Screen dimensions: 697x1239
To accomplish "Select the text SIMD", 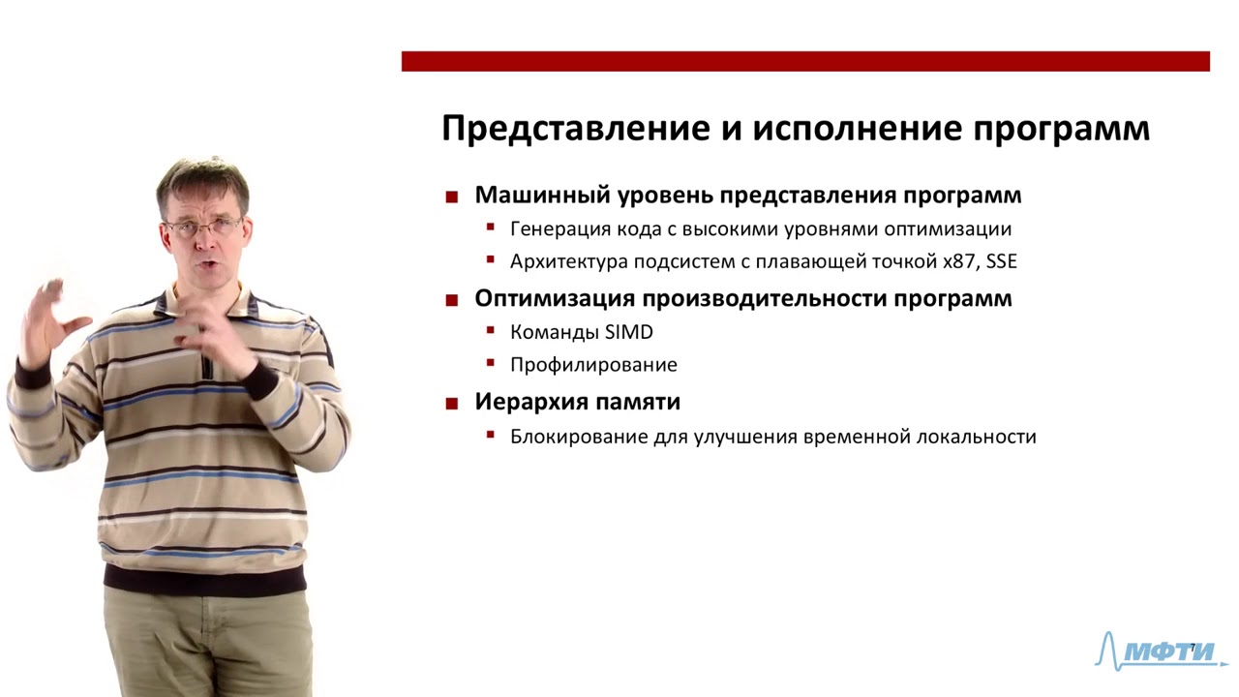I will [629, 332].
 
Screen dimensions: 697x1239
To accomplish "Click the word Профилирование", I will [593, 365].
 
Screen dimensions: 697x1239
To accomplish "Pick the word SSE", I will [1001, 261].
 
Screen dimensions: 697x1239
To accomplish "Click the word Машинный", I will [529, 195].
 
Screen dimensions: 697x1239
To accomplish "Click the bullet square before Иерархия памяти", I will [451, 404].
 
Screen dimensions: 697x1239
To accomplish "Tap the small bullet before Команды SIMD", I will [491, 332].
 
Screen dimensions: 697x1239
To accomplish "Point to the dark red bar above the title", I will [804, 61].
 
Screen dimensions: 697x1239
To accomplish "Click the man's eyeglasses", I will [203, 227].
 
